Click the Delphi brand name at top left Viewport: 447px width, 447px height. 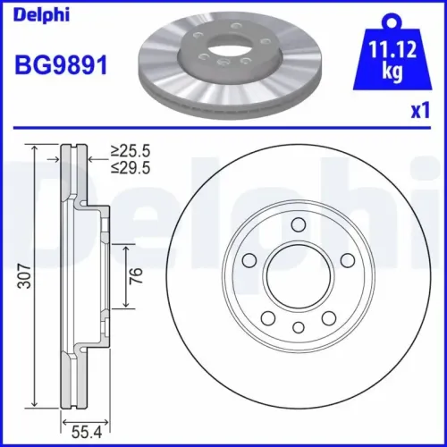(30, 11)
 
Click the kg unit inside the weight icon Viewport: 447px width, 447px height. (391, 71)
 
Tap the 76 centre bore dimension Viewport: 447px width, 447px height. (137, 274)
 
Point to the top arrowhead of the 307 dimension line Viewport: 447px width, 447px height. (35, 148)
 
